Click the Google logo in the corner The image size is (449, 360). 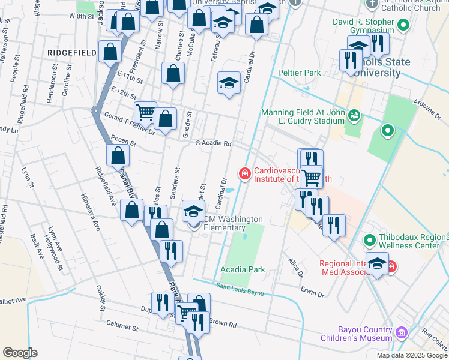coord(20,353)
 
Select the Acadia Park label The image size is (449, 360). coord(243,269)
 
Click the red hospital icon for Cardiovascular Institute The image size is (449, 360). coord(244,174)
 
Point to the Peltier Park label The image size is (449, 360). coord(299,73)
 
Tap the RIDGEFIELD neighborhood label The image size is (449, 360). coord(72,53)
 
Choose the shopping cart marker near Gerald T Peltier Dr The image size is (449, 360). coord(145,112)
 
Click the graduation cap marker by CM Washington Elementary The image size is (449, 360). coord(193,212)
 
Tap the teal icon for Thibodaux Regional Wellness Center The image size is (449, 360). coord(369,241)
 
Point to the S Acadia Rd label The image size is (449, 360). coord(214,143)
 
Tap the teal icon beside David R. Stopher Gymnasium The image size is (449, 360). coord(403,25)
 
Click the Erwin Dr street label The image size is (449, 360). coord(313,295)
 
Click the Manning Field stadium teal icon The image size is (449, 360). coord(354,114)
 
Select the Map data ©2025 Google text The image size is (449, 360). coord(412,355)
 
